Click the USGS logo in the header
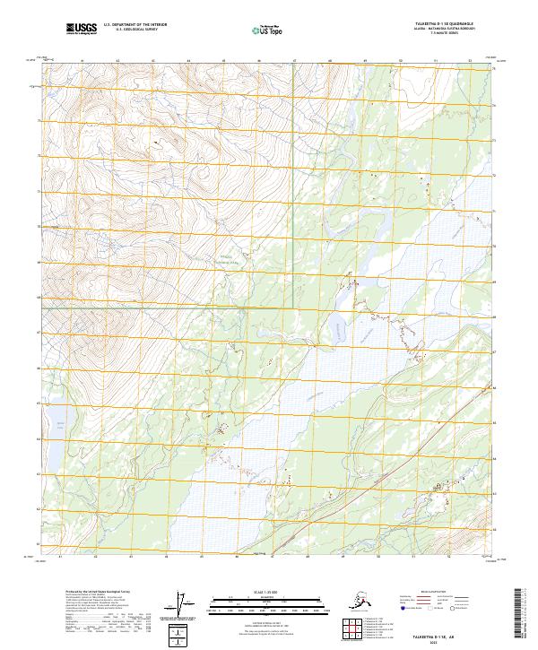point(82,29)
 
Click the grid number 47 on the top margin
point(295,61)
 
